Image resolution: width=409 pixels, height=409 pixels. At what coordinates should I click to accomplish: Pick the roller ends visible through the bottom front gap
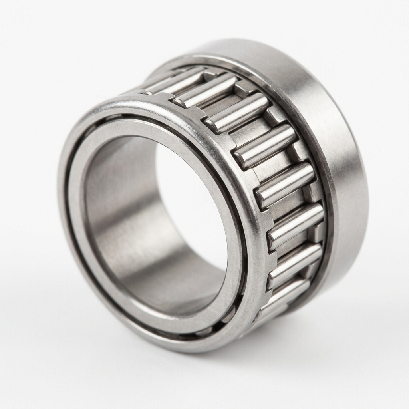224,320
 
